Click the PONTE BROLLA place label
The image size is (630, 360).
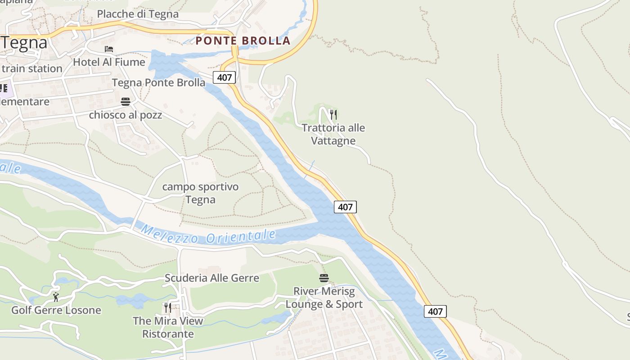(x=243, y=40)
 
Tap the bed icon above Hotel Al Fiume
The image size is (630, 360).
(x=109, y=49)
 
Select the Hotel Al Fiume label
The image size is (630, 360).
(x=109, y=62)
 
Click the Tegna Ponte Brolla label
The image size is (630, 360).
(x=158, y=83)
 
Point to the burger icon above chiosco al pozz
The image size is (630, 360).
(x=126, y=102)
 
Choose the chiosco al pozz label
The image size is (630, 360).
(x=126, y=115)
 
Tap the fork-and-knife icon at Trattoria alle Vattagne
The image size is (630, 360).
(x=333, y=115)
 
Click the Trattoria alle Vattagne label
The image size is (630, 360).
(x=333, y=134)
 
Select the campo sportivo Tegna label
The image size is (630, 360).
(x=200, y=193)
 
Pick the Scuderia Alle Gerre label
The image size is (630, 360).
(x=212, y=278)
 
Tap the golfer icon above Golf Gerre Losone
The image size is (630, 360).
(x=56, y=297)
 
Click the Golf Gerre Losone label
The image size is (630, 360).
(x=56, y=310)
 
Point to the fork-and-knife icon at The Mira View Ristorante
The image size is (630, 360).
(x=167, y=308)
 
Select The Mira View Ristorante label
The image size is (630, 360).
(x=168, y=327)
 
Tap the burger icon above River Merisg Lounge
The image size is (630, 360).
(x=324, y=278)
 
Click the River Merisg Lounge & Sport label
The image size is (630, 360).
(x=324, y=297)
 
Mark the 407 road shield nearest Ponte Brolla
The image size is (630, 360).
(x=224, y=77)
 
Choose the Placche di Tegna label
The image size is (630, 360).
(x=138, y=14)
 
